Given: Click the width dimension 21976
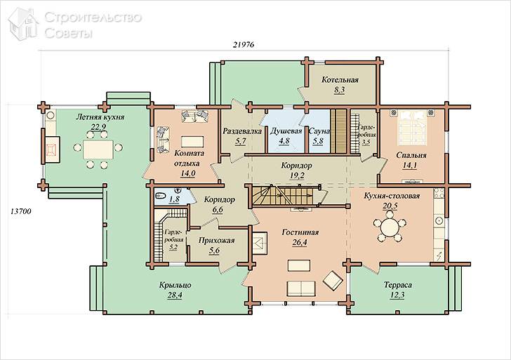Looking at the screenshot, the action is click(x=244, y=45).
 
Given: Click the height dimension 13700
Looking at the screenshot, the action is click(x=21, y=211).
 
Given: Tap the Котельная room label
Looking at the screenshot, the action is click(x=340, y=80).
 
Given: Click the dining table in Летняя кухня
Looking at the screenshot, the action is click(x=98, y=149).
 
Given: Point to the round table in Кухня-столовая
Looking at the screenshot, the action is click(x=390, y=227).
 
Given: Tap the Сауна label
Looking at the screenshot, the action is click(x=319, y=131).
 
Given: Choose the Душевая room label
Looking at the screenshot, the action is click(x=286, y=131).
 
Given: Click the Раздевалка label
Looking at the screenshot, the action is click(x=242, y=131).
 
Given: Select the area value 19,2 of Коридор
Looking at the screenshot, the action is click(x=297, y=175).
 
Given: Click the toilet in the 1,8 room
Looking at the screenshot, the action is click(x=161, y=196).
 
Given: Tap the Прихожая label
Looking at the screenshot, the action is click(x=216, y=241).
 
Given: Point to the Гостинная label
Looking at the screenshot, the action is click(x=300, y=232).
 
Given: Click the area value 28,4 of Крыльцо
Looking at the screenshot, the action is click(x=175, y=295).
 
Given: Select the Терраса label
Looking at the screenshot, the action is click(x=397, y=285).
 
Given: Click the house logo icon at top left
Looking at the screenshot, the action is click(x=23, y=25).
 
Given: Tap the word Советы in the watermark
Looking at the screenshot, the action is click(x=69, y=33).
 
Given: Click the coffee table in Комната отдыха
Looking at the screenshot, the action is click(x=192, y=142).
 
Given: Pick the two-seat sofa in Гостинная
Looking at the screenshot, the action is click(x=301, y=288).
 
